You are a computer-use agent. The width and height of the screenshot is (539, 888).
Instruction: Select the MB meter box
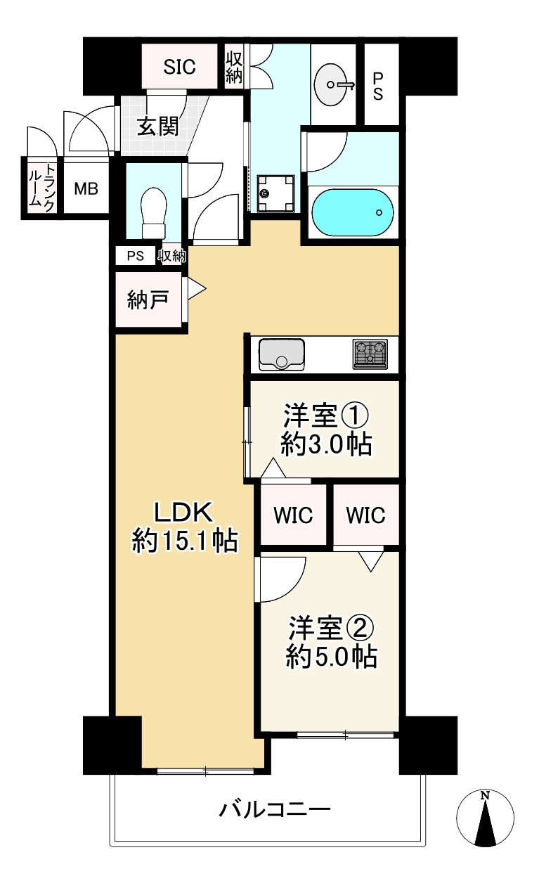coord(86,188)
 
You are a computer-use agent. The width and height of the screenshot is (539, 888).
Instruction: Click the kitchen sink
coord(282,354)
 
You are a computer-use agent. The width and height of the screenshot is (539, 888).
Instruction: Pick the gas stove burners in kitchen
coord(370,354)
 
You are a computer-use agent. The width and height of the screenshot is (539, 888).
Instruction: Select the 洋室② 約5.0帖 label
coord(331,641)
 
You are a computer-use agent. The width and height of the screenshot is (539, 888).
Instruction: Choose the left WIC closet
coord(293,515)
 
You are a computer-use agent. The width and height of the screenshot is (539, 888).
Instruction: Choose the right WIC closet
coord(365,515)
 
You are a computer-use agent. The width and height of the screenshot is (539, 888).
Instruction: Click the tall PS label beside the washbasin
coord(378,85)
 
